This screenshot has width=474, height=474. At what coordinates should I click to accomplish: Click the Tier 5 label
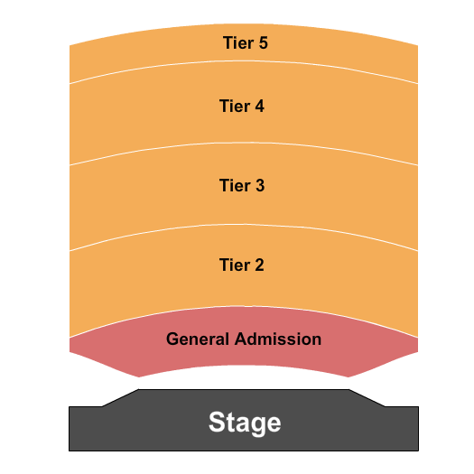pos(245,42)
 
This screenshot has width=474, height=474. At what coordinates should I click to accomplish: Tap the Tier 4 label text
pos(242,106)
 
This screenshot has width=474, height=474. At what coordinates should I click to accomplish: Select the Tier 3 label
pos(242,186)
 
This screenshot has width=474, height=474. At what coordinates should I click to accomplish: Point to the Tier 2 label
pos(242,265)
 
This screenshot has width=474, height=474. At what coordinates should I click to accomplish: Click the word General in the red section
pos(199,339)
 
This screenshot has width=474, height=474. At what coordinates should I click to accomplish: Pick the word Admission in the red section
pos(278,339)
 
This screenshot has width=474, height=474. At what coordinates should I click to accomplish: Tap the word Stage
pos(245,422)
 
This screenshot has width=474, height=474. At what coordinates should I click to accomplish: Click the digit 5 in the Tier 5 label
pos(263,42)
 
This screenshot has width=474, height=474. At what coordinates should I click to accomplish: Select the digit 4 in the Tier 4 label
pos(260,106)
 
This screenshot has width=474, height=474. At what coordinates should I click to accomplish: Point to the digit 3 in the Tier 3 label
pos(260,186)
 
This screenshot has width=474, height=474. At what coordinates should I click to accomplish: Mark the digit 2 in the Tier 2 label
pos(260,265)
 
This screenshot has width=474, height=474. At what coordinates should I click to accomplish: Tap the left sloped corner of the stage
pos(120,398)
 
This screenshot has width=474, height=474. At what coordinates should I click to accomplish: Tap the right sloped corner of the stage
pos(367,398)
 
